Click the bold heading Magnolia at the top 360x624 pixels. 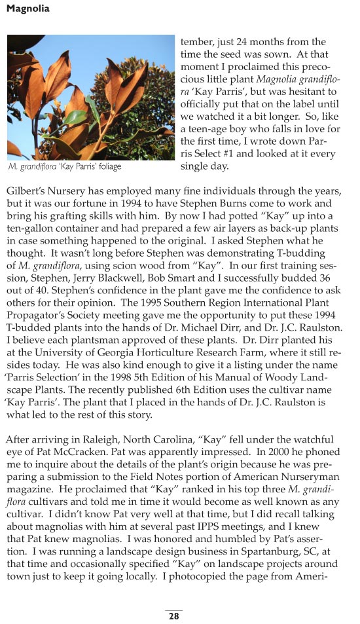coord(27,9)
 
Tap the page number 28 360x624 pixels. coord(174,617)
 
